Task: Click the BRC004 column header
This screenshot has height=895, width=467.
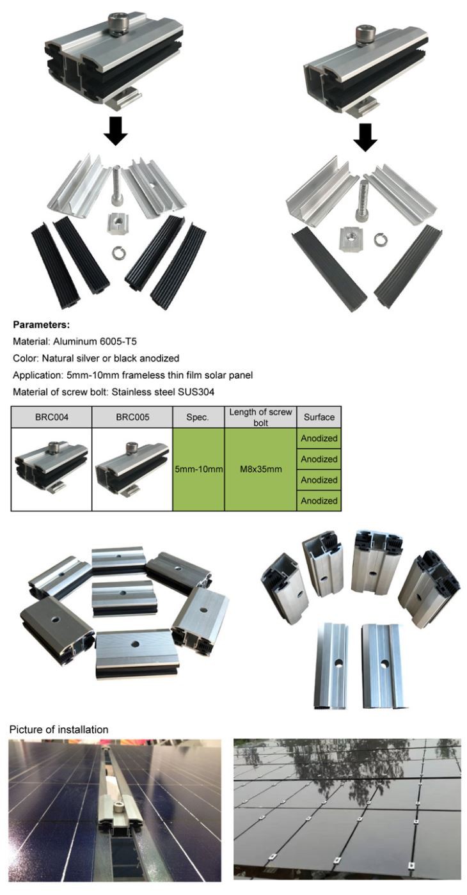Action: point(52,417)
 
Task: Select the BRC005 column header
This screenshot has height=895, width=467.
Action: point(132,417)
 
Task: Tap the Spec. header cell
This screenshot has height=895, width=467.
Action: point(198,417)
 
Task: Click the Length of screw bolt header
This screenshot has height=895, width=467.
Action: point(260,417)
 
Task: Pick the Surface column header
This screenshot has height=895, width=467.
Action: point(319,417)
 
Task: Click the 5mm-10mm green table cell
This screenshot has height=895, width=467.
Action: point(198,469)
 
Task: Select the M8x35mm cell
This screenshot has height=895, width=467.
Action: point(260,469)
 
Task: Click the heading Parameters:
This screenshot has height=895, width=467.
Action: point(41,324)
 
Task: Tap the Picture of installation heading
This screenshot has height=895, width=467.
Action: point(59,729)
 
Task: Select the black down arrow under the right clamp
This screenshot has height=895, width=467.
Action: point(365,137)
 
